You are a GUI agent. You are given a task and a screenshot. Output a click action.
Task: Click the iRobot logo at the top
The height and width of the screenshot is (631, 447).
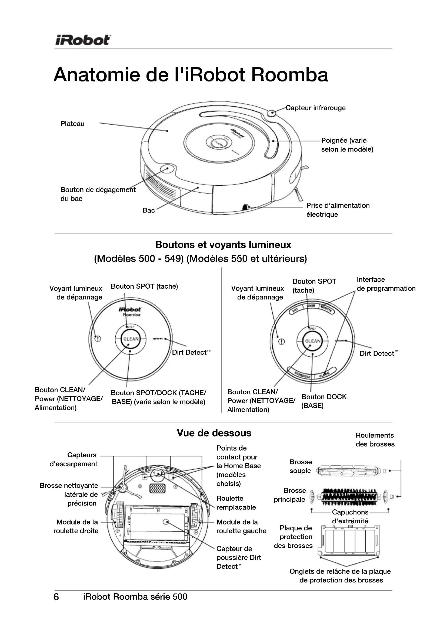pyautogui.click(x=83, y=40)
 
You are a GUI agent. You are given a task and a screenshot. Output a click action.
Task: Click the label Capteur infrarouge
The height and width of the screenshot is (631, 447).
pyautogui.click(x=315, y=108)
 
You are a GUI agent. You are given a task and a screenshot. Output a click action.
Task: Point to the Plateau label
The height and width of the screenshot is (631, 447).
pyautogui.click(x=72, y=124)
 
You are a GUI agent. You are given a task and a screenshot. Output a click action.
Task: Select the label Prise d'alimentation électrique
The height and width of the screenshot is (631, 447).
pyautogui.click(x=338, y=210)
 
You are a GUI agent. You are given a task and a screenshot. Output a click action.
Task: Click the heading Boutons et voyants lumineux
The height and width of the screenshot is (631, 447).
pyautogui.click(x=223, y=245)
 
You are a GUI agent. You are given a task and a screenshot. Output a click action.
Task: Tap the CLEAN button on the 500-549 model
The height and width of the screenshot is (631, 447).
pyautogui.click(x=131, y=339)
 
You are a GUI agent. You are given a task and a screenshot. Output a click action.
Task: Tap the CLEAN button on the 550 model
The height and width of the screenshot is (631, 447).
pyautogui.click(x=313, y=341)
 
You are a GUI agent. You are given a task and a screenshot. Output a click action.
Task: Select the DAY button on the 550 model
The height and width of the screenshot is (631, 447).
pyautogui.click(x=295, y=310)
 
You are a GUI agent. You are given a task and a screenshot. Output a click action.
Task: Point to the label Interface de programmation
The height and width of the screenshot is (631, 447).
pyautogui.click(x=386, y=284)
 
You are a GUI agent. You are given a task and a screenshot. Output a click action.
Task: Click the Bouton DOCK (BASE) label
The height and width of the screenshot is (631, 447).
pyautogui.click(x=324, y=401)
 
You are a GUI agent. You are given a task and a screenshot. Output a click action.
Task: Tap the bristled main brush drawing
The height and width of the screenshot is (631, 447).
pyautogui.click(x=349, y=497)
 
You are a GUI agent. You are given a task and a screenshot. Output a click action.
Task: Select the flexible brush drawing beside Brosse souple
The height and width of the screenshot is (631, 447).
pyautogui.click(x=349, y=471)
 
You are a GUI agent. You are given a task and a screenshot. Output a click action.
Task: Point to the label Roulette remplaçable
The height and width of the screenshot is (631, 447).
pyautogui.click(x=236, y=503)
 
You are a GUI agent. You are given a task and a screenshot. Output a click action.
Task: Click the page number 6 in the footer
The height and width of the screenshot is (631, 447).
pyautogui.click(x=56, y=597)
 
